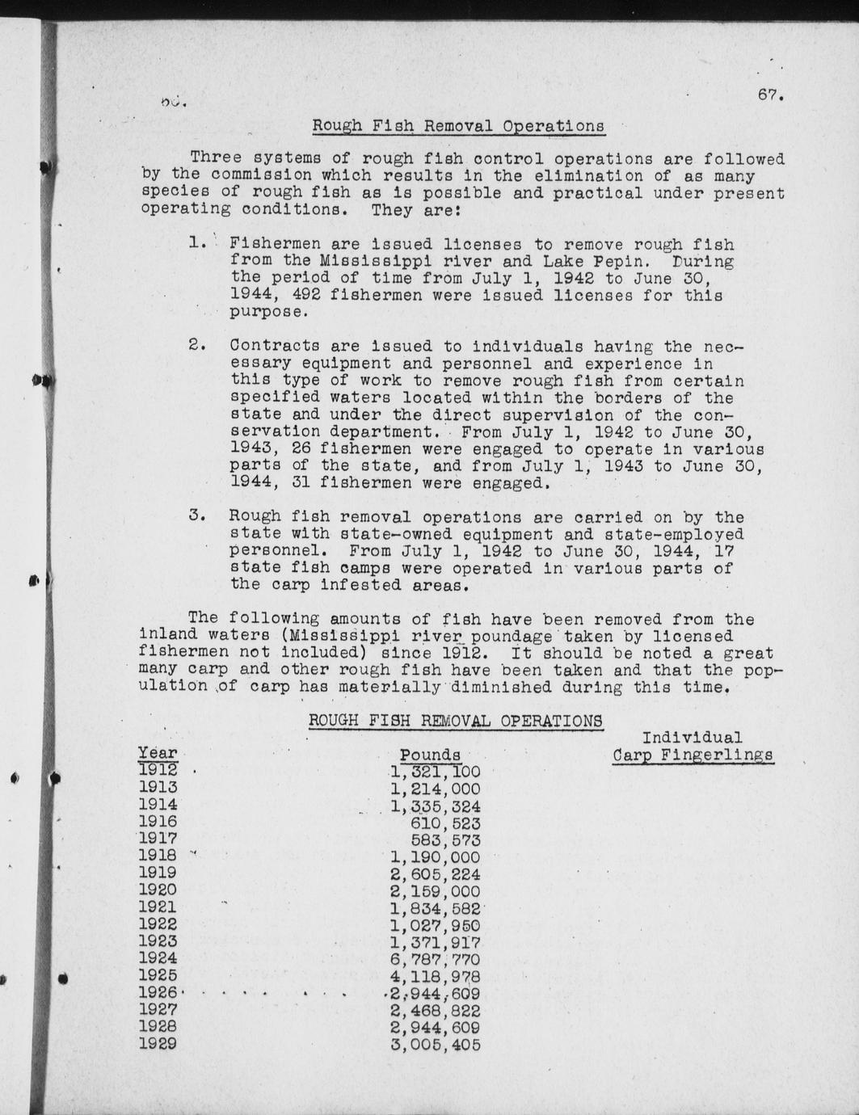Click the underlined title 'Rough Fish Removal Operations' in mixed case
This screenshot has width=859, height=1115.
(x=458, y=126)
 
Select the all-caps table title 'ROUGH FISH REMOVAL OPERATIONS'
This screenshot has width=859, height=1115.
(x=455, y=721)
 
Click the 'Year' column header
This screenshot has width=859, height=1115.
(x=157, y=754)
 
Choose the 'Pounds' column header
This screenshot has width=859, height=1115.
(x=430, y=755)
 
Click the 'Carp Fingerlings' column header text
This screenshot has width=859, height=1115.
(x=693, y=755)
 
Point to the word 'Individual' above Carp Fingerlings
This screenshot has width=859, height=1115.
(x=692, y=738)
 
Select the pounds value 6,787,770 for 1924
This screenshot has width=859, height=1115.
(x=435, y=960)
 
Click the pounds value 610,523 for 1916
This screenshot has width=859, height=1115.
(x=445, y=823)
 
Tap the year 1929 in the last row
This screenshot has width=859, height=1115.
(x=158, y=1044)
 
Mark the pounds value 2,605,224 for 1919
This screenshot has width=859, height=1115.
(x=435, y=875)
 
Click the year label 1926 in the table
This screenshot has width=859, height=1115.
(x=158, y=993)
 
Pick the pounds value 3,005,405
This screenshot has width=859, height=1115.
(x=435, y=1045)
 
